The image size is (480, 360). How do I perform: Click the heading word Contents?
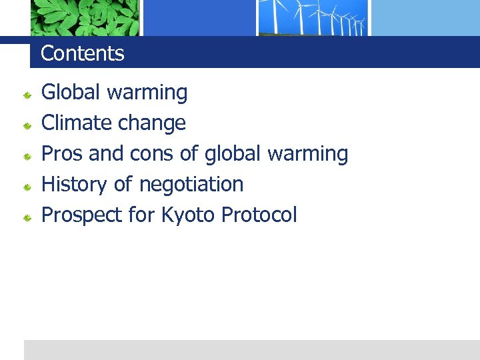[83, 53]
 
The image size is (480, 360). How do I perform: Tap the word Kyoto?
[187, 215]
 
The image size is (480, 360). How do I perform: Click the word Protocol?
[259, 215]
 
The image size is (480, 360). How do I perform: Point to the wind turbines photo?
[313, 17]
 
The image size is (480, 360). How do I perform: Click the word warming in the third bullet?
[307, 154]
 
